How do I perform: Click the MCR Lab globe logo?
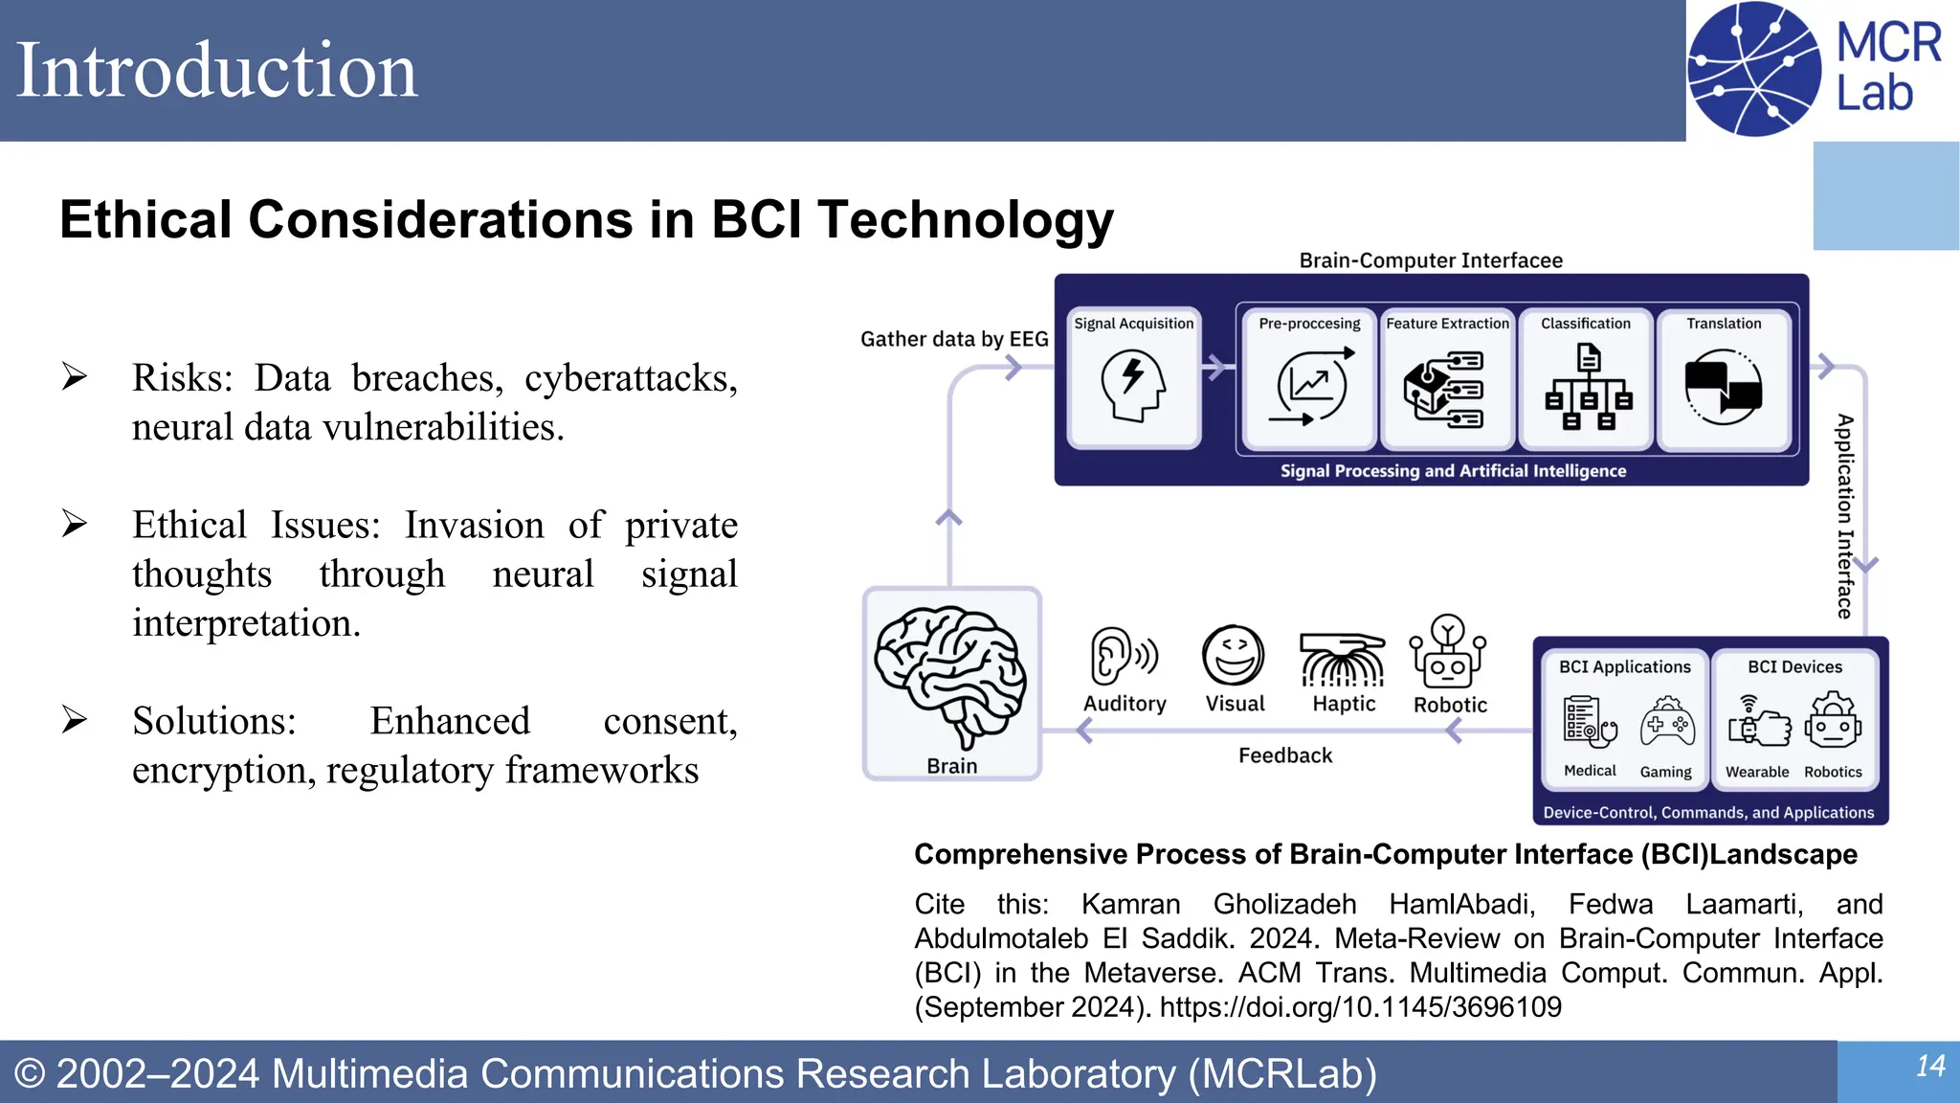1753,69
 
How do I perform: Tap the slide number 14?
1929,1066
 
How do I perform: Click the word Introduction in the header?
217,71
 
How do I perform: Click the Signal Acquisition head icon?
1133,385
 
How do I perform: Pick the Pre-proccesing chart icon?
1310,386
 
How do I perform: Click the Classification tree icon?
1588,388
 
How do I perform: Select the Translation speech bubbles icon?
1723,386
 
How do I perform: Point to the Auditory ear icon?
1123,657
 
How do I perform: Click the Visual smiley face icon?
1234,656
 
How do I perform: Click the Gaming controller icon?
1666,724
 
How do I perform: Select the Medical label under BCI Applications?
1590,771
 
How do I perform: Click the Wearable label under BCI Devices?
1756,772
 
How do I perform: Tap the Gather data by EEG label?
953,339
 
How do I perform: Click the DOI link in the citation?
1360,1007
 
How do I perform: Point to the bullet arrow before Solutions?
75,719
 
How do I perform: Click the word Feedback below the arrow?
1284,755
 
